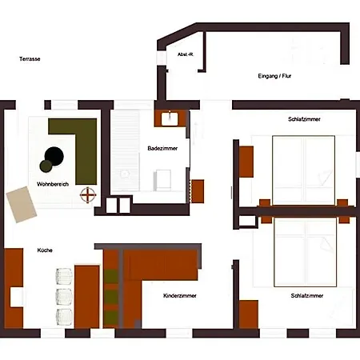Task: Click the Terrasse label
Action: [x=30, y=59]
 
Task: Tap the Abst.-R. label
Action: [x=186, y=54]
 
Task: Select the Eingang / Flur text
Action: [x=274, y=76]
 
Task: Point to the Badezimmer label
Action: [x=162, y=148]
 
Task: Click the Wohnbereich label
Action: [x=53, y=184]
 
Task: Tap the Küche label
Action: [x=45, y=250]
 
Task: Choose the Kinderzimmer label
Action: [x=180, y=295]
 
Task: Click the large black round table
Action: [x=54, y=156]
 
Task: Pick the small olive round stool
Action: [x=46, y=166]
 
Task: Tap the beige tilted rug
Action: [x=22, y=204]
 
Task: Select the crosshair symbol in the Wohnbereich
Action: [x=88, y=195]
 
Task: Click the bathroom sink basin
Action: [x=170, y=118]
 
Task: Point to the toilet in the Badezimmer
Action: [x=162, y=180]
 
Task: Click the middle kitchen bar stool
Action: [x=64, y=297]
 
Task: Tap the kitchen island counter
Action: [x=87, y=297]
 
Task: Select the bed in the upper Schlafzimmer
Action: [x=303, y=170]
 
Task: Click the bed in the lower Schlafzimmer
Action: [x=305, y=252]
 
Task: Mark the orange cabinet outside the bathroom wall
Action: [x=198, y=191]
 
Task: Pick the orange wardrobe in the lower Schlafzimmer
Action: [x=249, y=314]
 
